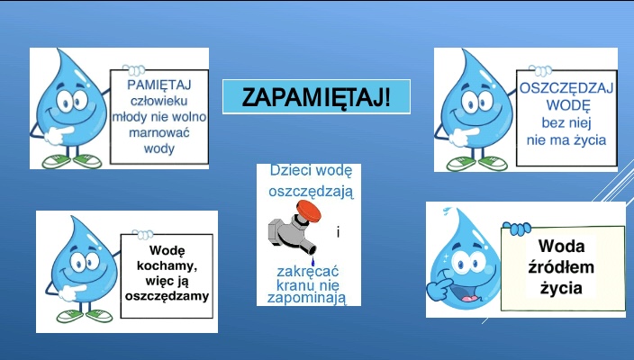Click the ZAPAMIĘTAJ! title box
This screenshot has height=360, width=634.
(316, 97)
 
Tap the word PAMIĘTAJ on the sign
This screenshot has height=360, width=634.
(158, 85)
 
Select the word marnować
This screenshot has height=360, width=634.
(158, 132)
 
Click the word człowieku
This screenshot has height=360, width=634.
(158, 101)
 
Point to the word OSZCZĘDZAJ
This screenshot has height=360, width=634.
(566, 88)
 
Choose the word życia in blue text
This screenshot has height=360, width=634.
(590, 140)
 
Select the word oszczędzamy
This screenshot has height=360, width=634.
(167, 296)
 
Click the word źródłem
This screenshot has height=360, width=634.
(561, 266)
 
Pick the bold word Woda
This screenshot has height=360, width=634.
(561, 246)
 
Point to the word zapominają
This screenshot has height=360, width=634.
(307, 298)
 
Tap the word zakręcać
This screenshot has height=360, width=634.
(307, 271)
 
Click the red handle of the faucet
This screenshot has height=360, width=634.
(309, 210)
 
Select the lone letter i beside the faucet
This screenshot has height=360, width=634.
(338, 232)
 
